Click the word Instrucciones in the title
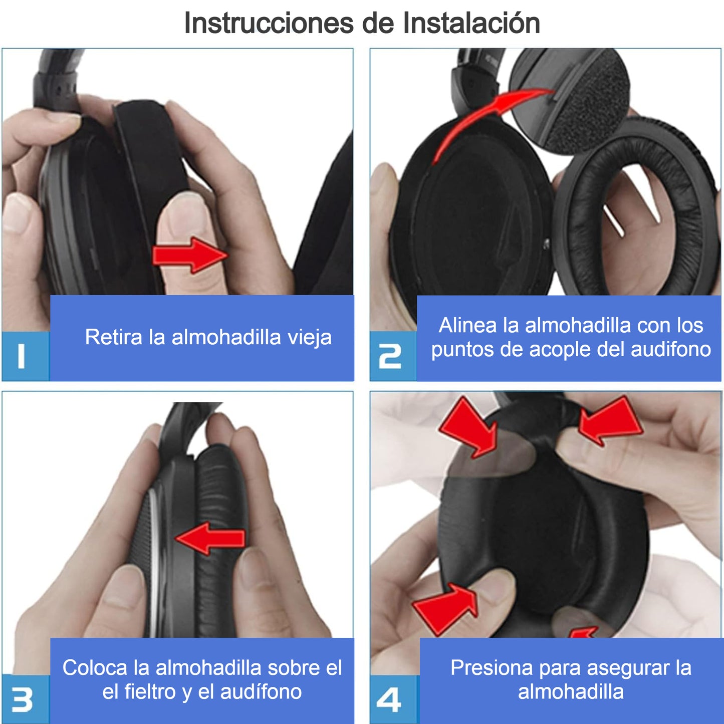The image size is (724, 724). [x=269, y=23]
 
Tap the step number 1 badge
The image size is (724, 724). [x=25, y=356]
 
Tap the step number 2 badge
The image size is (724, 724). [x=393, y=356]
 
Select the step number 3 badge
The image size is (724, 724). [x=25, y=699]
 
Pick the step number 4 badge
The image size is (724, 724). [x=394, y=699]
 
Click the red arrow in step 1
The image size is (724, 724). [x=190, y=255]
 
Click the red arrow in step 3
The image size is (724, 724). [x=210, y=538]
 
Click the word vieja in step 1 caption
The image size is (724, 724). [x=310, y=337]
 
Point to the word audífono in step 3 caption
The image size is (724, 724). [x=261, y=692]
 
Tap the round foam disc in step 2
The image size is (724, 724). [x=569, y=100]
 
